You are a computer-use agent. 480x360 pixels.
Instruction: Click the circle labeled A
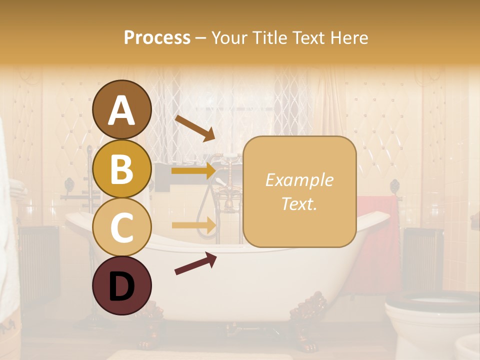(121, 110)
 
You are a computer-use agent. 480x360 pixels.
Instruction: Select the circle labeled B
(121, 168)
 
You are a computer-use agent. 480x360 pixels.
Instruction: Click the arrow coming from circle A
(194, 128)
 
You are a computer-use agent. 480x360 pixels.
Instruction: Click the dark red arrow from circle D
(195, 263)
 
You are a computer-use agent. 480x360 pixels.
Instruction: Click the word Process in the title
(157, 37)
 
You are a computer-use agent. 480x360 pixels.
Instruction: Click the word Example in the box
(299, 180)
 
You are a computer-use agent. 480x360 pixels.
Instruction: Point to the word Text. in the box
(299, 204)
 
